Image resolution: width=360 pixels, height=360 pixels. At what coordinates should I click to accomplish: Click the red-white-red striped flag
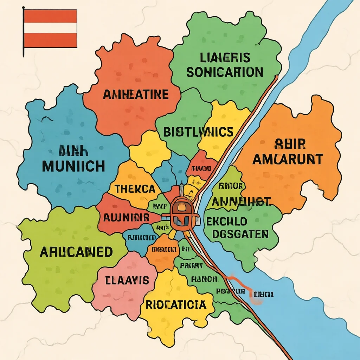tap(50, 28)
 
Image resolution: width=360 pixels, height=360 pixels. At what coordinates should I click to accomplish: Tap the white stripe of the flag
tap(50, 28)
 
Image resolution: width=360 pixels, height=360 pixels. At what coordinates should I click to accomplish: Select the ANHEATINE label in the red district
tap(136, 95)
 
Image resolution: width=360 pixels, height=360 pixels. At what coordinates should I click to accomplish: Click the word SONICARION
tap(225, 72)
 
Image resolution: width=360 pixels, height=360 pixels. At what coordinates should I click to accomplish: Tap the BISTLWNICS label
tap(198, 132)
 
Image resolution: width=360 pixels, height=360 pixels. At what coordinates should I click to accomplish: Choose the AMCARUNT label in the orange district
tap(288, 159)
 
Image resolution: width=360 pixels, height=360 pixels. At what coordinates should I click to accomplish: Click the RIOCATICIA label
tap(175, 304)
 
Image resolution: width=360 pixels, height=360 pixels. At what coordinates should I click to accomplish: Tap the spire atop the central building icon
tap(180, 190)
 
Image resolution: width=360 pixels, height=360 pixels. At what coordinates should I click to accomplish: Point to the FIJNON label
tap(204, 279)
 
